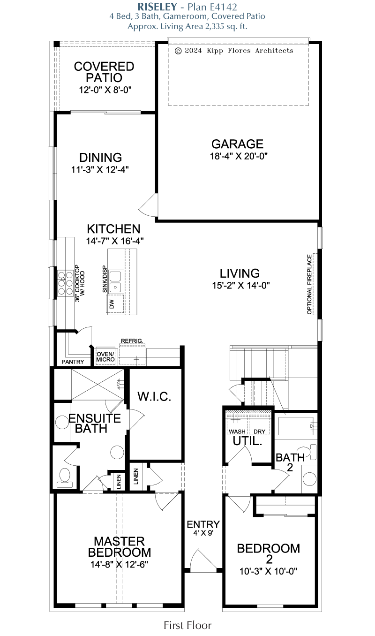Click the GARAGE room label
tap(238, 144)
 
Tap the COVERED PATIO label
tap(104, 72)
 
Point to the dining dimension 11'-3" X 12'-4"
tap(100, 170)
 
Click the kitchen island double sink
tap(115, 281)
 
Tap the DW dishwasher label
tap(112, 304)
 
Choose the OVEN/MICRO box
tap(105, 356)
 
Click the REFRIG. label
tap(132, 341)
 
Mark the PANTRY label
tap(73, 362)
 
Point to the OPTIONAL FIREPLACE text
tap(309, 284)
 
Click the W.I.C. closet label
tap(154, 397)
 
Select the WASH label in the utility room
tap(237, 432)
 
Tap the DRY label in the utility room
tap(260, 432)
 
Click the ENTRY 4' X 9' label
tap(203, 528)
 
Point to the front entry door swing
tap(203, 560)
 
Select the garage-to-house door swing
tap(148, 204)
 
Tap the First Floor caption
tap(187, 625)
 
